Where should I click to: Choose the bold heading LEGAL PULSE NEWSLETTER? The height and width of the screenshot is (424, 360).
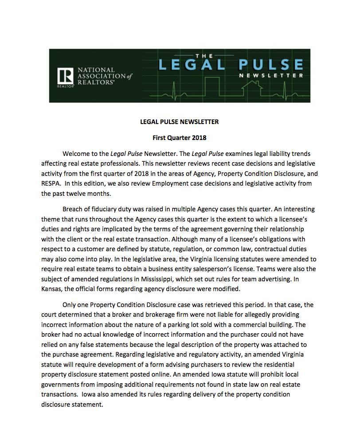click(x=180, y=122)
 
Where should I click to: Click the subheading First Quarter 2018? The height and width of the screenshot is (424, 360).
click(x=180, y=138)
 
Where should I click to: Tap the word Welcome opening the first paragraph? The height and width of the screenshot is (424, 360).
click(x=77, y=154)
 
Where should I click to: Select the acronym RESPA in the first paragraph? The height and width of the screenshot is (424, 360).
click(x=52, y=184)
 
